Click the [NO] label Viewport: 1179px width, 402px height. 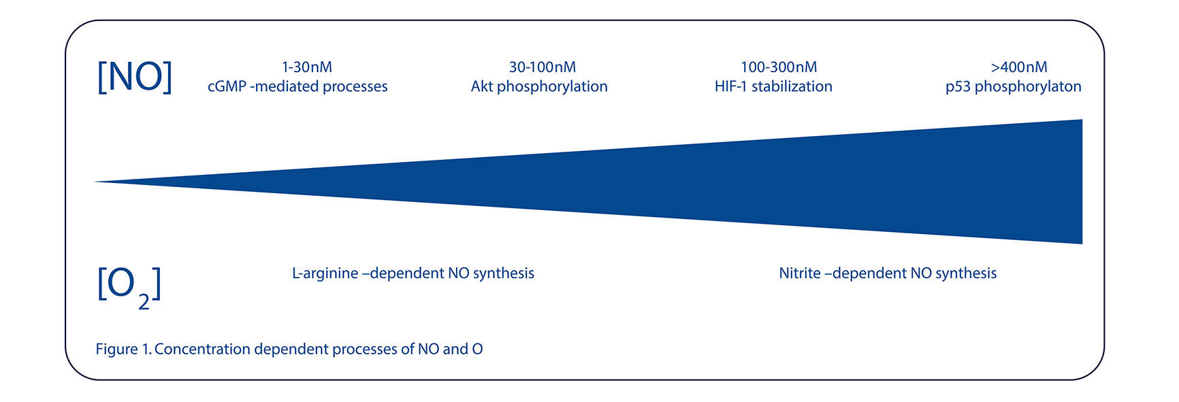coord(135,76)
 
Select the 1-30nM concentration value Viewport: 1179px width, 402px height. coord(307,67)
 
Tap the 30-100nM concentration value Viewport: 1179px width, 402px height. coord(543,67)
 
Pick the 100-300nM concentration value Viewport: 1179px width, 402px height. coord(779,67)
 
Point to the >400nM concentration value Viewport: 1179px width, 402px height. coord(1019,67)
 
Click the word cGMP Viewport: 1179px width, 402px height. coord(227,86)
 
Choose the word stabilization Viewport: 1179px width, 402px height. coord(792,86)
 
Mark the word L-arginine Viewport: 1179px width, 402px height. coord(325,273)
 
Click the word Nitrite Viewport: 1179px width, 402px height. coord(800,273)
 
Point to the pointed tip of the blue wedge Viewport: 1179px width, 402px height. coord(95,182)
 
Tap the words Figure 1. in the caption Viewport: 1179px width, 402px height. coord(124,350)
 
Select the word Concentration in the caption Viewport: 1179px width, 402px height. coord(202,349)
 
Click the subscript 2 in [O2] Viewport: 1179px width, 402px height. coord(144,301)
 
